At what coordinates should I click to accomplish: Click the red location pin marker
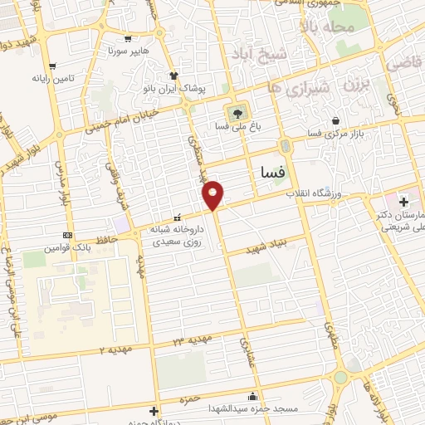pyautogui.click(x=213, y=195)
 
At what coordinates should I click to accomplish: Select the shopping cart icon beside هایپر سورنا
pyautogui.click(x=126, y=38)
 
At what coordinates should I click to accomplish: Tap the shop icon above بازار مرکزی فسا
pyautogui.click(x=335, y=120)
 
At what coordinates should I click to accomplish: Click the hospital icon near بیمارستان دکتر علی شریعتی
pyautogui.click(x=403, y=202)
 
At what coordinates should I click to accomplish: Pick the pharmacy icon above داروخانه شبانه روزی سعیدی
pyautogui.click(x=175, y=217)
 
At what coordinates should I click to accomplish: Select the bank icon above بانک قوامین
pyautogui.click(x=67, y=235)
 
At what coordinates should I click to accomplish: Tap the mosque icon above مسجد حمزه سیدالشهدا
pyautogui.click(x=252, y=396)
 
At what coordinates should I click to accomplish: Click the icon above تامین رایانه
pyautogui.click(x=53, y=66)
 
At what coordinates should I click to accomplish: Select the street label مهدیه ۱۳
pyautogui.click(x=193, y=339)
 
